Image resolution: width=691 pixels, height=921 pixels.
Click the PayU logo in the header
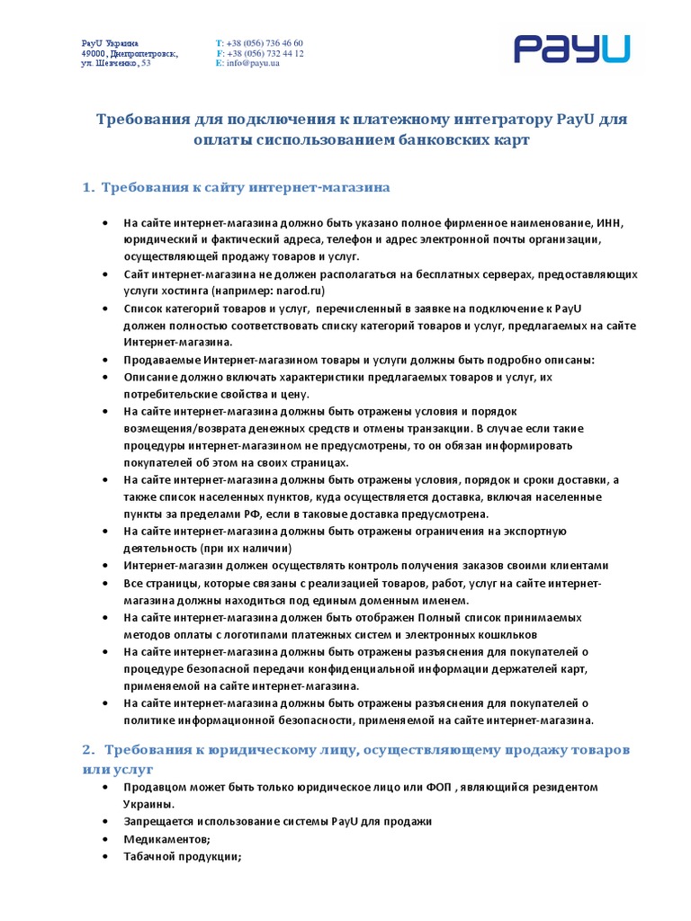click(572, 49)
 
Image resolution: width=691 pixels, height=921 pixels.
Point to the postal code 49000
click(94, 53)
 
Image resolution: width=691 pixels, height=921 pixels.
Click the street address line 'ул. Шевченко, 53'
click(116, 63)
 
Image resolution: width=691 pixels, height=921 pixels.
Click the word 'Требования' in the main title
click(139, 120)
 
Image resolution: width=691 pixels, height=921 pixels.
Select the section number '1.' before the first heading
click(88, 188)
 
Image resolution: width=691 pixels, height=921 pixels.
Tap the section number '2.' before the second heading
click(88, 749)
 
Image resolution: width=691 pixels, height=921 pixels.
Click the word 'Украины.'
click(149, 804)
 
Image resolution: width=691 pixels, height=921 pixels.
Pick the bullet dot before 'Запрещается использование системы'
click(104, 822)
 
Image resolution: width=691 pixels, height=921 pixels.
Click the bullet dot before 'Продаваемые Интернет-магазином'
click(104, 361)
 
